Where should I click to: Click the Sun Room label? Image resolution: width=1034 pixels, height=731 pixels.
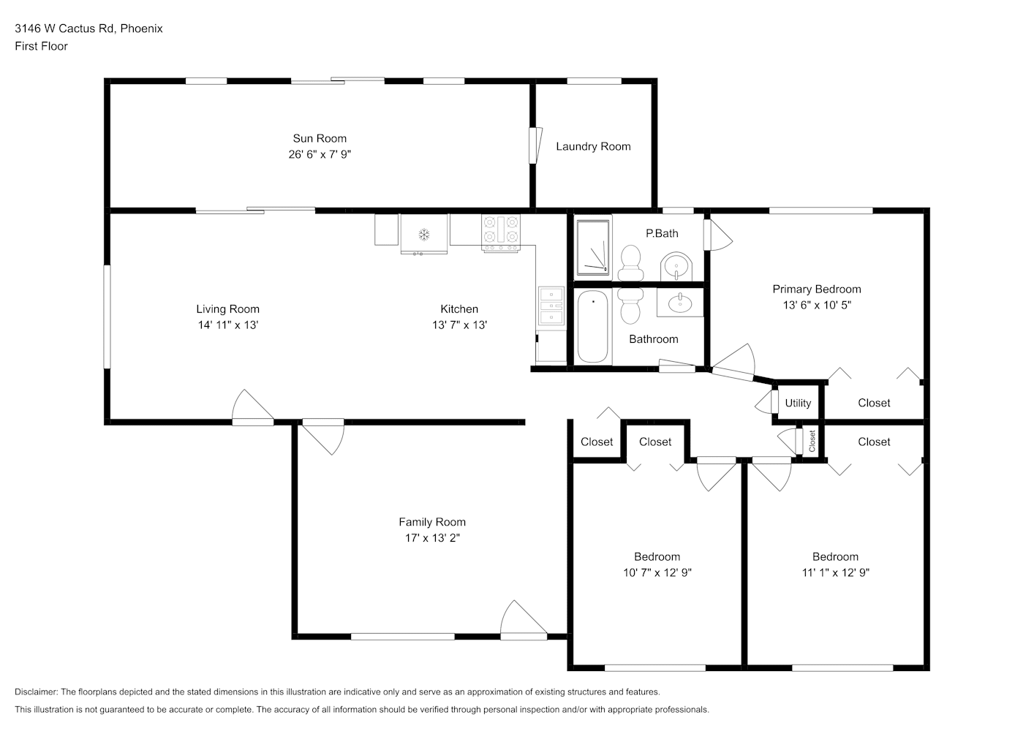tap(320, 138)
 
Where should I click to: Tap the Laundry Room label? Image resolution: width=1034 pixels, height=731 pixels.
tap(593, 147)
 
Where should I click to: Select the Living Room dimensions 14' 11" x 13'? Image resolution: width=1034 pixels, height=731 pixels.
tap(228, 325)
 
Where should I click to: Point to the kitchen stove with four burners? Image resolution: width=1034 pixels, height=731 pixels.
tap(501, 233)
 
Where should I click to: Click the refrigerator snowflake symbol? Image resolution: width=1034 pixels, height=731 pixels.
tap(423, 235)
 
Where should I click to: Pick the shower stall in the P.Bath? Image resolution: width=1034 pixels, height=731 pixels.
tap(593, 247)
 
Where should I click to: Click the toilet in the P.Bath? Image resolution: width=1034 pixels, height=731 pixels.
tap(630, 262)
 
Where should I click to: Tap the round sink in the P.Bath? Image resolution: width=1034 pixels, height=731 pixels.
tap(676, 266)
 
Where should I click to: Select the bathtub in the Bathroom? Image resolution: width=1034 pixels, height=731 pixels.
tap(593, 326)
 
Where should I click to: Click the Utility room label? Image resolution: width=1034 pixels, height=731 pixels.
tap(798, 403)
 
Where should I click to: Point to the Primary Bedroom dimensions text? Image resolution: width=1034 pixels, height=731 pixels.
tap(817, 305)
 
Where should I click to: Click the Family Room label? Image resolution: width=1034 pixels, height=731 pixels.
tap(432, 522)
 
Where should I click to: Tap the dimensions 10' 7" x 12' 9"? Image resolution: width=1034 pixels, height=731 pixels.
tap(657, 572)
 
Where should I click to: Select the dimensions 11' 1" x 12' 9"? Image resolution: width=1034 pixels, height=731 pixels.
tap(836, 572)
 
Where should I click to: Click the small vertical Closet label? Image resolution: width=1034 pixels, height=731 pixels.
tap(812, 441)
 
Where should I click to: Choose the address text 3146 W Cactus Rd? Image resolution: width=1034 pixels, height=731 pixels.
tap(64, 29)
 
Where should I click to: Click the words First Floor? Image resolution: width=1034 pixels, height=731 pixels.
tap(41, 46)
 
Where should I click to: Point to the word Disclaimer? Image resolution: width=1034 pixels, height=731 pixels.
tap(37, 692)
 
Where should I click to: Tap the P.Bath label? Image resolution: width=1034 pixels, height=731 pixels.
tap(662, 233)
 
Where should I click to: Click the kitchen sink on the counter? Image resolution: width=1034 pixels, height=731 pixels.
tap(551, 306)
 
